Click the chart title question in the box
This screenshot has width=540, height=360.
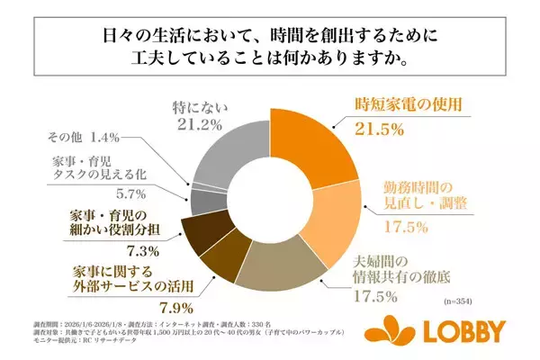270,51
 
